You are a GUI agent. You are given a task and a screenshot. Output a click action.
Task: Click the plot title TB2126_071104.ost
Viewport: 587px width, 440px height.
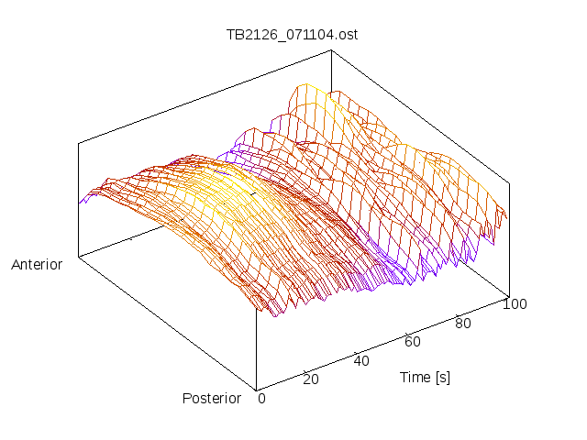(292, 35)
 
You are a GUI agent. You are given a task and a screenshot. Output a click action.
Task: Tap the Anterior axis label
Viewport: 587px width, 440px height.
(37, 265)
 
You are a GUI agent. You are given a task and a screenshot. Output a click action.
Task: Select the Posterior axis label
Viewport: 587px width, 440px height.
(212, 398)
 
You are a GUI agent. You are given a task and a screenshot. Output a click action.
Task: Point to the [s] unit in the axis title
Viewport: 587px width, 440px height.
(441, 377)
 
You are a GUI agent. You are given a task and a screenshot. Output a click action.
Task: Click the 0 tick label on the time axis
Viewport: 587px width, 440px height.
(261, 398)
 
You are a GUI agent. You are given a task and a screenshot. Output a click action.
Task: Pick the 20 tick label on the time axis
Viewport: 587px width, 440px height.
(310, 379)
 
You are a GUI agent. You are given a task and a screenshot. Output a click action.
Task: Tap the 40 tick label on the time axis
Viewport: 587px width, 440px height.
(361, 360)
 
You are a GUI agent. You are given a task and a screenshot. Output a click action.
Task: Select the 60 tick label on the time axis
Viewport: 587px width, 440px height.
(413, 342)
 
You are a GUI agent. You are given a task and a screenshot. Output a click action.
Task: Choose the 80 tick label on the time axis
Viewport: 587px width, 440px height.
(464, 323)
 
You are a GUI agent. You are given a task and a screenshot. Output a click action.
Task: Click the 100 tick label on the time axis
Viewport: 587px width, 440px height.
(515, 304)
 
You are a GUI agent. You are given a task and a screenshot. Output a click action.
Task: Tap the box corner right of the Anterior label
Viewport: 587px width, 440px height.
(79, 257)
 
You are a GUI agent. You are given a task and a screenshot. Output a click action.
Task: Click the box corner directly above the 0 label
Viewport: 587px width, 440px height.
(257, 389)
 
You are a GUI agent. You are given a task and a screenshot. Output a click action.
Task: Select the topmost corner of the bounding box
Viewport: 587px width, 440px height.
(331, 50)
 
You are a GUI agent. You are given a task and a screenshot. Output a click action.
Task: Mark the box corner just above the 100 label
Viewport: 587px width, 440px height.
(509, 295)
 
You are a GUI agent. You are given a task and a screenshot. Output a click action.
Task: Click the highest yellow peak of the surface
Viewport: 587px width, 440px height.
(303, 86)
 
